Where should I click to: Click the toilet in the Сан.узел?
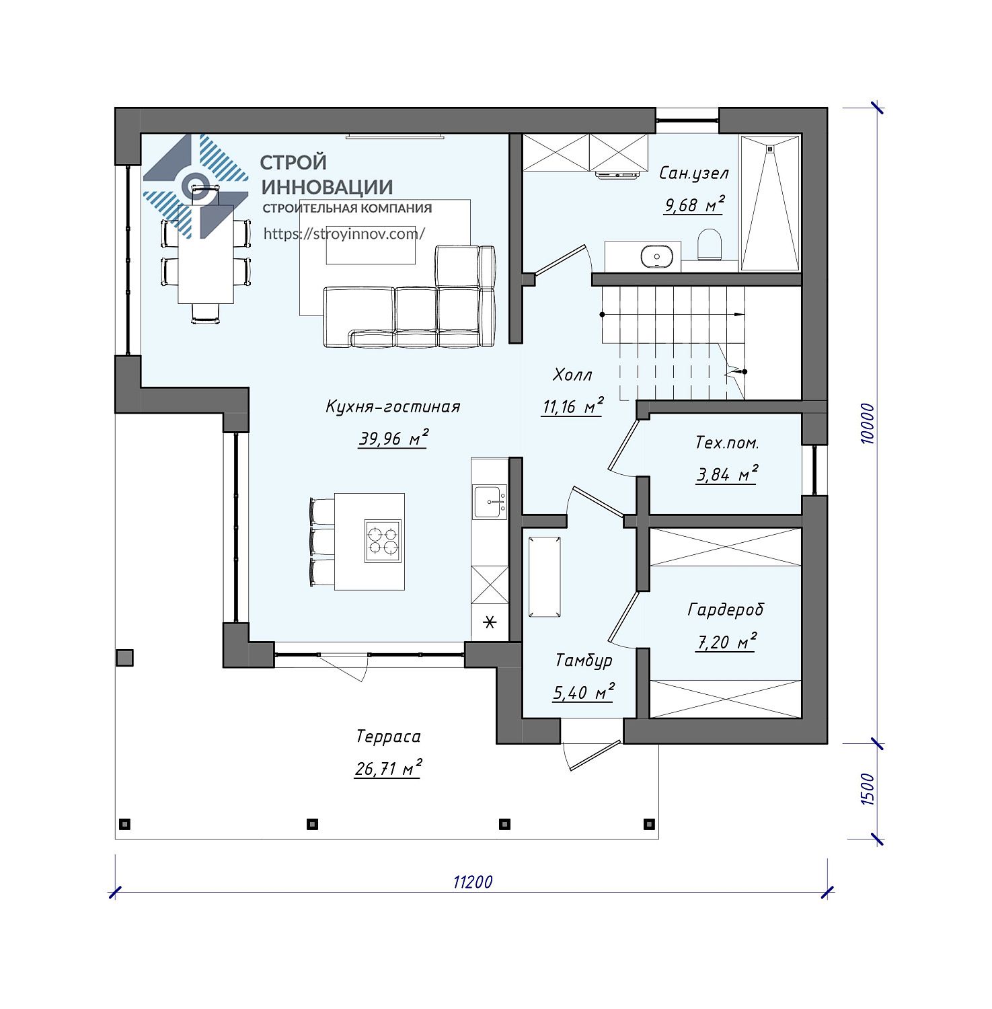(x=710, y=244)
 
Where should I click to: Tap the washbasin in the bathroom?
(x=656, y=256)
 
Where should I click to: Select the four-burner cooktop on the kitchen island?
(x=383, y=541)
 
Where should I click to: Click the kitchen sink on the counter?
(x=490, y=502)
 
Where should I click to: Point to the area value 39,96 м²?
(x=393, y=439)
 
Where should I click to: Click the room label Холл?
(x=572, y=375)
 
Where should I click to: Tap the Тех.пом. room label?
(x=727, y=443)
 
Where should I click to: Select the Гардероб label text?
(x=726, y=610)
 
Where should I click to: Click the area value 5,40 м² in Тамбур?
(x=583, y=692)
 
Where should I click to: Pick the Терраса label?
(x=389, y=737)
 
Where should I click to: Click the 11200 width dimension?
(x=473, y=882)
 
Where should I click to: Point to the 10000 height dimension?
(x=867, y=423)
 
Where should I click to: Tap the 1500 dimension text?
(x=867, y=790)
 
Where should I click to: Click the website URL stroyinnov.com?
(x=344, y=233)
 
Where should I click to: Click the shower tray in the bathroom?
(x=771, y=202)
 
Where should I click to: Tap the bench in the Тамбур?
(x=545, y=576)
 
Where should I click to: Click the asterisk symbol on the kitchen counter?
(x=490, y=623)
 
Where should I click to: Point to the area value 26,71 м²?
(x=388, y=768)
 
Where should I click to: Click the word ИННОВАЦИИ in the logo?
(x=327, y=186)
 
